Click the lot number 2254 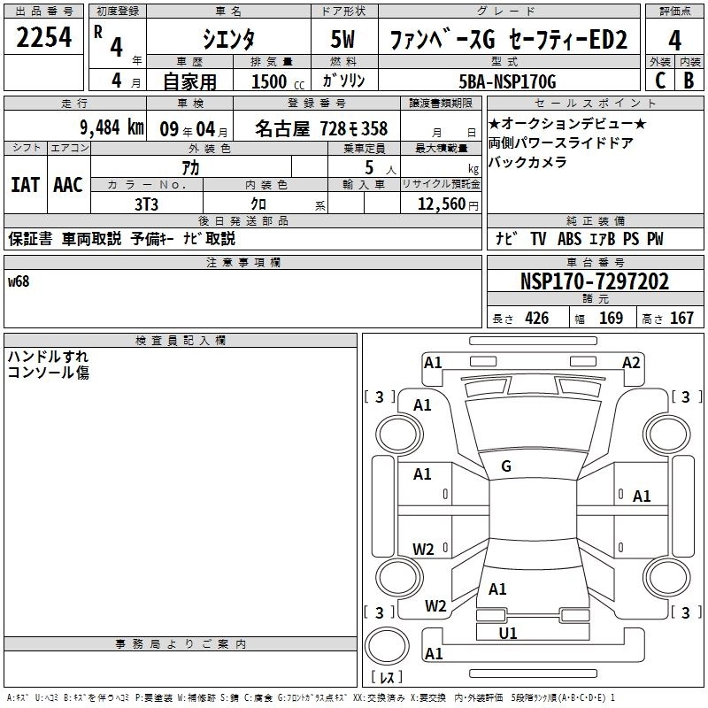coord(45,37)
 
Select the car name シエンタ coord(228,38)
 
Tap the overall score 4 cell coord(675,38)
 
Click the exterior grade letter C coord(659,81)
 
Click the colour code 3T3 coord(147,204)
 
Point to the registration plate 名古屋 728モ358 coord(321,128)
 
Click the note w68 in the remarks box coord(19,281)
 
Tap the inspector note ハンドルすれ coord(48,357)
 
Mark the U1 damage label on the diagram coord(508,634)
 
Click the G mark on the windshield coord(506,466)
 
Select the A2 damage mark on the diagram coord(631,363)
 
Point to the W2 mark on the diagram coord(424,550)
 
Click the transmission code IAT coord(25,184)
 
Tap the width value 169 coord(611,319)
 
